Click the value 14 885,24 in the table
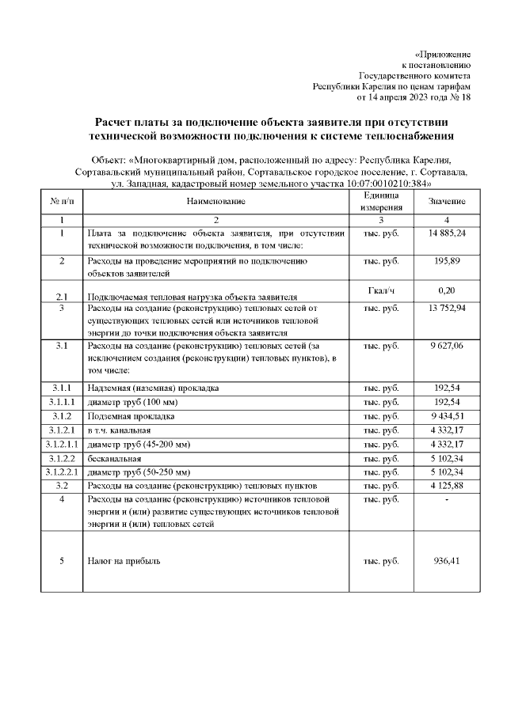(448, 235)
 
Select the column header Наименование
(216, 202)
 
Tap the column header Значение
(448, 202)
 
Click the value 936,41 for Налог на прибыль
(448, 561)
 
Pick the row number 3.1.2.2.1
(61, 472)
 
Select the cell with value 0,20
(448, 291)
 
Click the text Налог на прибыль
(123, 561)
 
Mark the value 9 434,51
(448, 416)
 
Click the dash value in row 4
(448, 500)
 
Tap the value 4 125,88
(448, 485)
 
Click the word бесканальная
(115, 458)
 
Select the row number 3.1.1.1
(61, 403)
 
